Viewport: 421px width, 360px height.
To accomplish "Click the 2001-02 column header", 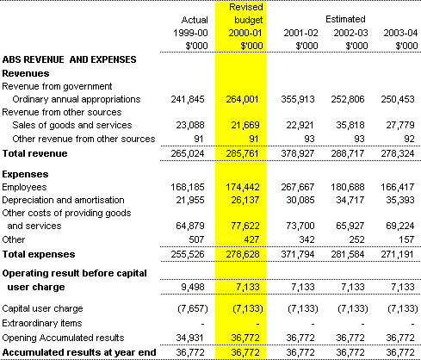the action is [300, 33].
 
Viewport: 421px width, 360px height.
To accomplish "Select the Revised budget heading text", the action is [246, 14].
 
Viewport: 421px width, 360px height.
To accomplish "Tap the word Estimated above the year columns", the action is [345, 19].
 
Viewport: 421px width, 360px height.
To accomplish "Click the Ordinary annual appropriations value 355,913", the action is [298, 99].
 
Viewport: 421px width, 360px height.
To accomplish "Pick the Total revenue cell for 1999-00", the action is [188, 153].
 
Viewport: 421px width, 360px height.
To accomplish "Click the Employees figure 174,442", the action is [243, 187].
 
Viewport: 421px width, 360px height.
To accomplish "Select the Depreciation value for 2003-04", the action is [400, 200].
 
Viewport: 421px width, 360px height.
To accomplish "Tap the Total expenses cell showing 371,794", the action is [298, 254].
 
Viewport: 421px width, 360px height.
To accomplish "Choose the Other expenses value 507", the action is [196, 239].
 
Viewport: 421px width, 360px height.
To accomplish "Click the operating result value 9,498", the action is [193, 287].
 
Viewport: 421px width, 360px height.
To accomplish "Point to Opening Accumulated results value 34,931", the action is [190, 338].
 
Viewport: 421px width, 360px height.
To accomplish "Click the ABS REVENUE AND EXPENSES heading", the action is [69, 59].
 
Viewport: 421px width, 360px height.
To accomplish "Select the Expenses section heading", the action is [25, 174].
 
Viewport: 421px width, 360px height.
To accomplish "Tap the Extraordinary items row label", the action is [42, 323].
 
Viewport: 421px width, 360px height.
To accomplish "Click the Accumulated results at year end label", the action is [79, 352].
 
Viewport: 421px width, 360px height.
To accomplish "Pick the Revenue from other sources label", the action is [62, 112].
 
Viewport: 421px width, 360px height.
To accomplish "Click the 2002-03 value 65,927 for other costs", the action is [350, 226].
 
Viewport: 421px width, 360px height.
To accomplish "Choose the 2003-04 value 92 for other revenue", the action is [409, 139].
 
